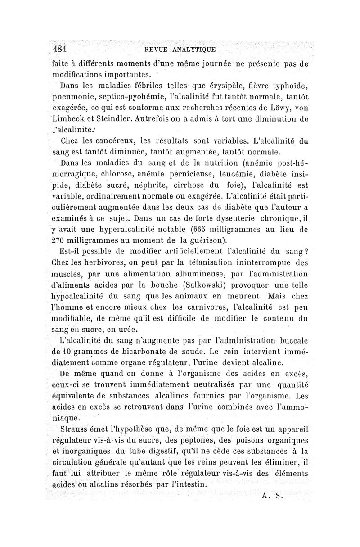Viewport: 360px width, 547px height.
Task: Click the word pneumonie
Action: click(x=72, y=96)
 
